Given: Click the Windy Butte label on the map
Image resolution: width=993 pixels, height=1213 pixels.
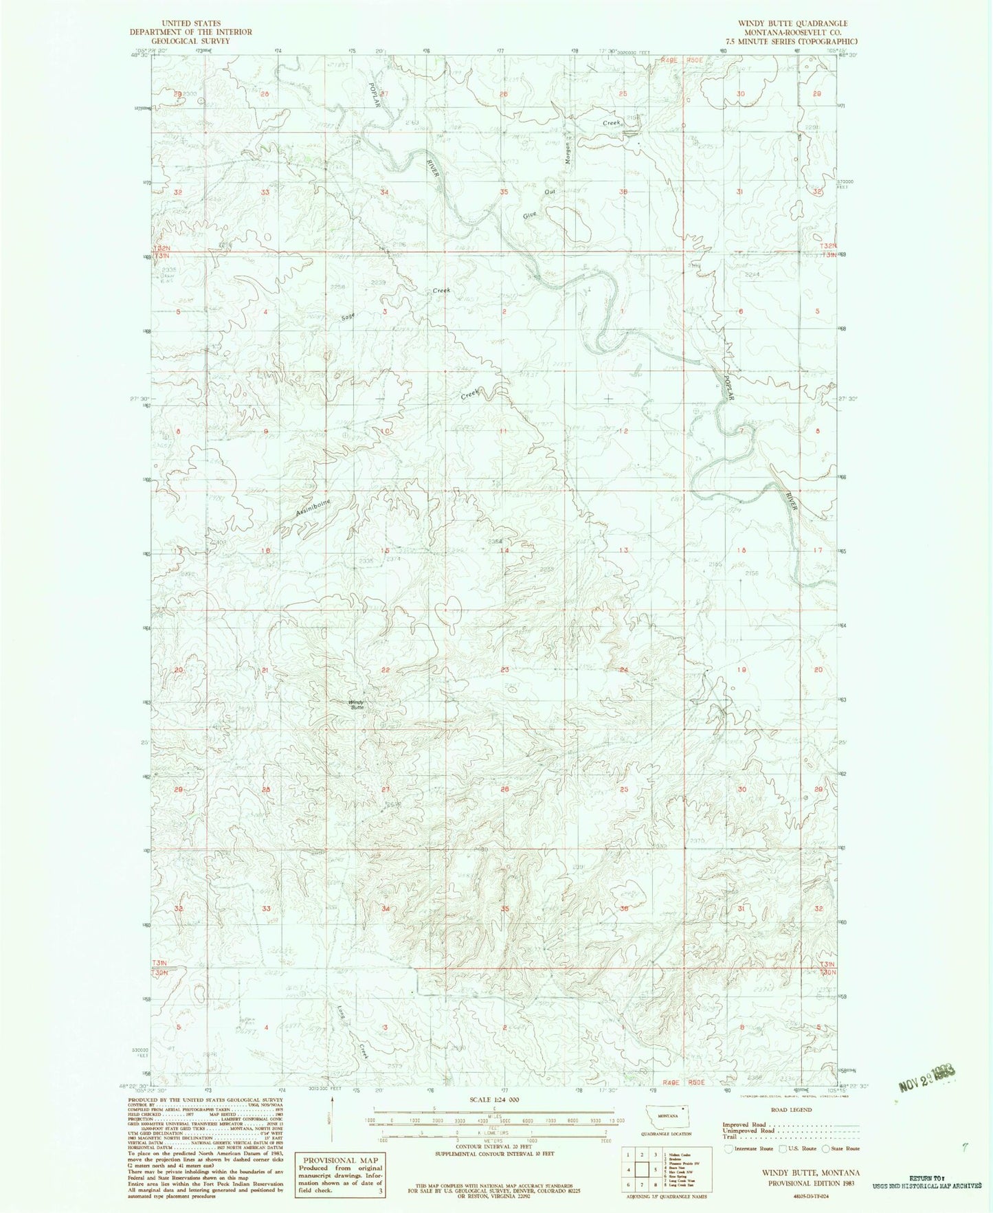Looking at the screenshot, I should [x=357, y=704].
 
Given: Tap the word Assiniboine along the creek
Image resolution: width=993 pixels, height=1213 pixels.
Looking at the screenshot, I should [x=313, y=508].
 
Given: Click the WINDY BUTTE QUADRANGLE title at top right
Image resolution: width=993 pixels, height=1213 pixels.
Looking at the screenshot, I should [x=792, y=23].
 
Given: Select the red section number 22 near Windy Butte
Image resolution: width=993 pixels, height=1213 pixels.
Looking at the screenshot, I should [x=386, y=670].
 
